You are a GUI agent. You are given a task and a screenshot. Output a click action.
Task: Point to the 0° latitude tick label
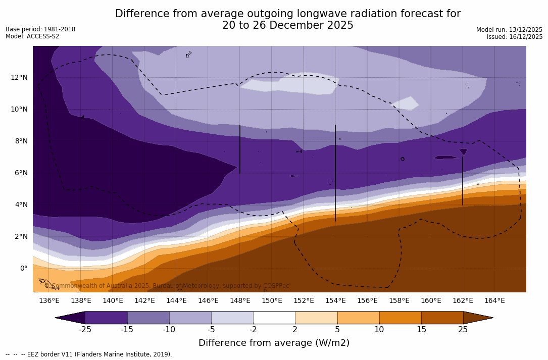(x=23, y=268)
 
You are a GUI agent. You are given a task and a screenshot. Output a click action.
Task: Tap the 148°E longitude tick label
(x=240, y=301)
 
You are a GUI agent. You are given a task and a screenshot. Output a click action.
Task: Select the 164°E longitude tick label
(x=494, y=301)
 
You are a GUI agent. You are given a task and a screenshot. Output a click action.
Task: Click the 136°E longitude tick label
(x=49, y=301)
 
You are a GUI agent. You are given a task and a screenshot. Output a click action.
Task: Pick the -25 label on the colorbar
(x=85, y=330)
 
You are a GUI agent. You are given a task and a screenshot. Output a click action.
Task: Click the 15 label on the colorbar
(x=421, y=330)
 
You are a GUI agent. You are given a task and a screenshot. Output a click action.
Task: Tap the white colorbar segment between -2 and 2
(x=274, y=318)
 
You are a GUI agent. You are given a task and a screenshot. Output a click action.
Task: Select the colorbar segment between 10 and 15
(x=400, y=318)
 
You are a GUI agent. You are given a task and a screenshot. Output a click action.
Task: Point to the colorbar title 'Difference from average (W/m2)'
(x=274, y=343)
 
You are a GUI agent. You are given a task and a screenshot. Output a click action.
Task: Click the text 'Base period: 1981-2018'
(x=40, y=29)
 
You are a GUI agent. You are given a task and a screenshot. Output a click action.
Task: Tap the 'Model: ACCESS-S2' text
(x=32, y=36)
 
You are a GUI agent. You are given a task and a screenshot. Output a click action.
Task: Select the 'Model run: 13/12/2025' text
(x=509, y=30)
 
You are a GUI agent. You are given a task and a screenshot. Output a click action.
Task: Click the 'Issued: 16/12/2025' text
(x=515, y=37)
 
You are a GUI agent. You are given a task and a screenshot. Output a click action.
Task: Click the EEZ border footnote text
(x=89, y=354)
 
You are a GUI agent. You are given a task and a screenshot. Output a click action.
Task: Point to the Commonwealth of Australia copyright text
(x=167, y=286)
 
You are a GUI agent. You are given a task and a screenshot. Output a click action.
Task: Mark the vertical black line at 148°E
(x=239, y=149)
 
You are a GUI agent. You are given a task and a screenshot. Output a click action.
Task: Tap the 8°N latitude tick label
(x=21, y=141)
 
